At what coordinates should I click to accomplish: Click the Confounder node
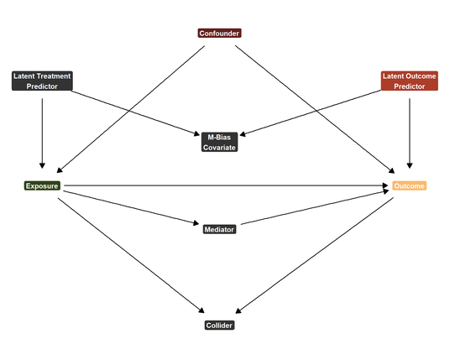coord(220,34)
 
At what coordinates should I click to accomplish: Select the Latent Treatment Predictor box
coord(42,81)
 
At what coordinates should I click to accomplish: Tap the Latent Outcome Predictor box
coord(410,81)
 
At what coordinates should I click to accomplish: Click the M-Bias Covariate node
coord(220,142)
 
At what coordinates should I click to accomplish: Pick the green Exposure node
coord(42,186)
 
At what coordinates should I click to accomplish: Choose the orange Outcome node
coord(410,186)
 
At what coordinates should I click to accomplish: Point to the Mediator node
coord(220,229)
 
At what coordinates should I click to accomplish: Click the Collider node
coord(220,326)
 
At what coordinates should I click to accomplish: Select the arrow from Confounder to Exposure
coord(131,109)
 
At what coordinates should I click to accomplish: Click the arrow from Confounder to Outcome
coord(315,109)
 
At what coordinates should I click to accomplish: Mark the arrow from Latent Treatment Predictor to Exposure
coord(42,133)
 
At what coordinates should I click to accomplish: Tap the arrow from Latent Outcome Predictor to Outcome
coord(410,133)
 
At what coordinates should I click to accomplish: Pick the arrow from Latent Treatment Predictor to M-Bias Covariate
coord(135,112)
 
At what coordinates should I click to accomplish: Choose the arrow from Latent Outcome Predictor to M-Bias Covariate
coord(311,112)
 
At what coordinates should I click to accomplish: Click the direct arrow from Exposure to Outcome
coord(226,185)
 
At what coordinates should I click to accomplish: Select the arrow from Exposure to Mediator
coord(131,207)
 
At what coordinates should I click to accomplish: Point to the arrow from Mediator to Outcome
coord(315,207)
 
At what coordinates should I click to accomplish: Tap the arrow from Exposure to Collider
coord(131,255)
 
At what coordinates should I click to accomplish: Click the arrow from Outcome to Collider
coord(314,255)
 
